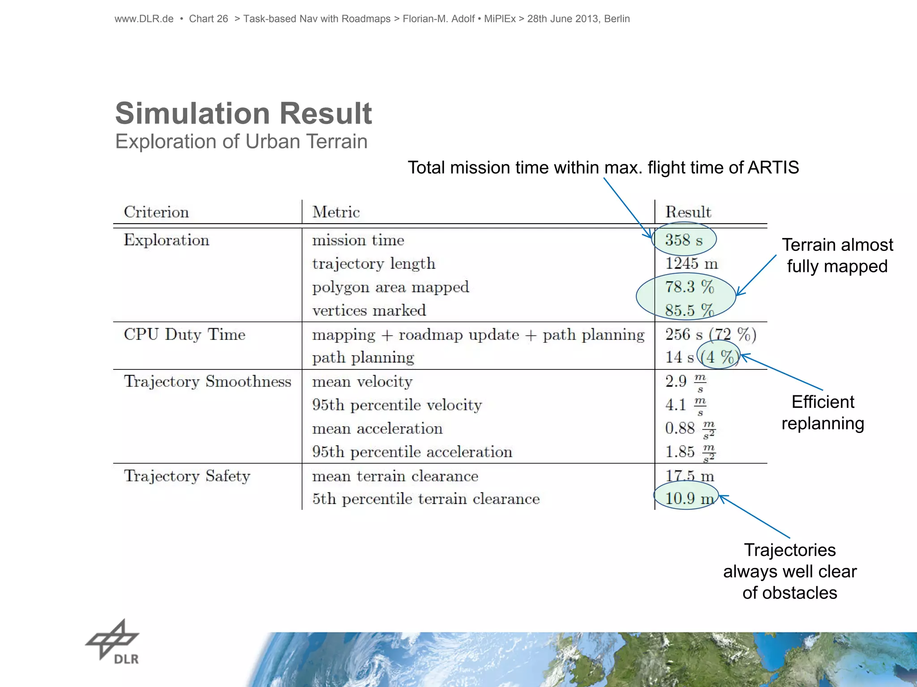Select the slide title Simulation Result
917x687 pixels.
pyautogui.click(x=243, y=113)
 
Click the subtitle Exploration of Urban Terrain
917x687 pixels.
pyautogui.click(x=241, y=142)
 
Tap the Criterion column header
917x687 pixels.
pyautogui.click(x=156, y=212)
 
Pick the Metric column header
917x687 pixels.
pyautogui.click(x=336, y=212)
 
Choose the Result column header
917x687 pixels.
pyautogui.click(x=688, y=212)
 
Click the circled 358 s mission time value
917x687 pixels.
pyautogui.click(x=684, y=240)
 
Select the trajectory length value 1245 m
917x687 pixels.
pyautogui.click(x=691, y=263)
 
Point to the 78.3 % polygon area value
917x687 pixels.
pyautogui.click(x=689, y=287)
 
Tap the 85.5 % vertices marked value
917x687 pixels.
pyautogui.click(x=689, y=310)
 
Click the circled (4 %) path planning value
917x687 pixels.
pyautogui.click(x=718, y=357)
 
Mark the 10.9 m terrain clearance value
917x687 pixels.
pyautogui.click(x=689, y=498)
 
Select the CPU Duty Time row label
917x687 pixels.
pyautogui.click(x=184, y=335)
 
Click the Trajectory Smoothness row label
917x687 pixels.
pyautogui.click(x=207, y=382)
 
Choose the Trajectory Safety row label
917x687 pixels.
pyautogui.click(x=187, y=476)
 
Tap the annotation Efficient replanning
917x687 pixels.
pyautogui.click(x=823, y=413)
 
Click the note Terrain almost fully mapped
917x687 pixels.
pyautogui.click(x=837, y=255)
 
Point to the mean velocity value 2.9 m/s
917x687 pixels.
pyautogui.click(x=685, y=382)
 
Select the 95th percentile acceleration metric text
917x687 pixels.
pyautogui.click(x=412, y=452)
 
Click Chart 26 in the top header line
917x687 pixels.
pyautogui.click(x=208, y=19)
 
